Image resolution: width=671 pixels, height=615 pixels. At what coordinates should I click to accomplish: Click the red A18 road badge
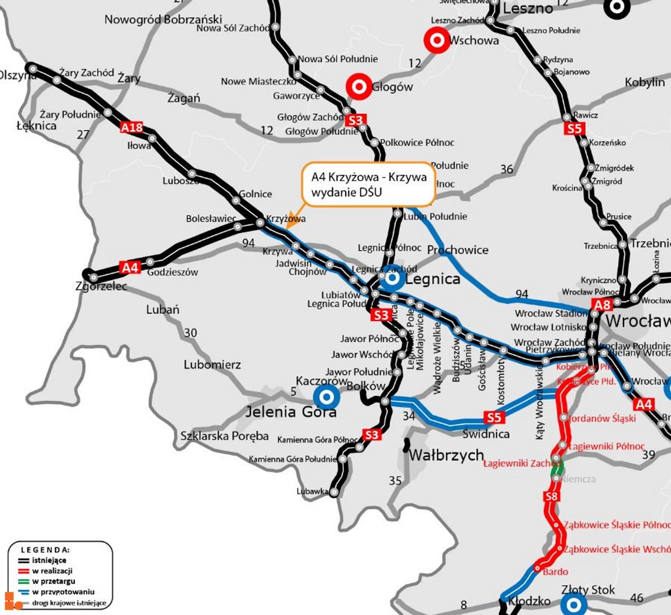132,127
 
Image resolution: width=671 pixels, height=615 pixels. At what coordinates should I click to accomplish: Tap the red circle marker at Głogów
358,87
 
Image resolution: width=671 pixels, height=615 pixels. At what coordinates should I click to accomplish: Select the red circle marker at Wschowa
437,40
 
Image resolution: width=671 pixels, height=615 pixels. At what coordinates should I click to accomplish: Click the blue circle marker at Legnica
393,277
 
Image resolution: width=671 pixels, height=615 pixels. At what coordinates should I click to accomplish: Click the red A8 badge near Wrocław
602,305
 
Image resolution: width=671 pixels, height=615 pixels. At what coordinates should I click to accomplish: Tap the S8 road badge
551,496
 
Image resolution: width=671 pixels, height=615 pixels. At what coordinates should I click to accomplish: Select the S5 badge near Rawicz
574,129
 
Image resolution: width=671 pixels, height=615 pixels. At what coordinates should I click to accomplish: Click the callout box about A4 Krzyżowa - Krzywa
368,184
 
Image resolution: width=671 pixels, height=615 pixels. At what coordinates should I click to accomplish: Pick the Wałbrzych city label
446,455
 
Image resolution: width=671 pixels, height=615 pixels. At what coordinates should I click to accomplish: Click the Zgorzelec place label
101,286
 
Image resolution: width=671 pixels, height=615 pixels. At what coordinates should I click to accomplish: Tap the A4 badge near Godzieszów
130,268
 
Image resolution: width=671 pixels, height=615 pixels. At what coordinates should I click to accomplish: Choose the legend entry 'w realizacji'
52,571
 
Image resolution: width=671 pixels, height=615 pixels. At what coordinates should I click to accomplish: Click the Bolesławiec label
211,219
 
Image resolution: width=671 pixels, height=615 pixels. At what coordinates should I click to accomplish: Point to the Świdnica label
486,434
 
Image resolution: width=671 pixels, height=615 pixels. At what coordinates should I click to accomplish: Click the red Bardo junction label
555,571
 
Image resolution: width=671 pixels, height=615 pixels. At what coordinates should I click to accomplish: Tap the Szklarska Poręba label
224,436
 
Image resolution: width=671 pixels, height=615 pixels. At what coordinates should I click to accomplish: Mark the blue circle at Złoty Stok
574,603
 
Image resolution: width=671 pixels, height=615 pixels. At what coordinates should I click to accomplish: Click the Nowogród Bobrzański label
163,20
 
